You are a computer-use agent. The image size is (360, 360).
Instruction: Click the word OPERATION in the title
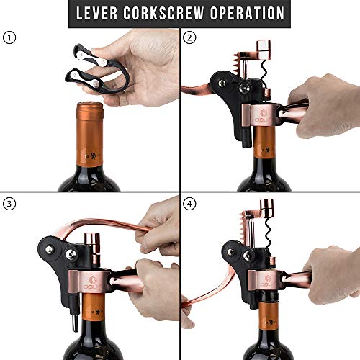(x=250, y=14)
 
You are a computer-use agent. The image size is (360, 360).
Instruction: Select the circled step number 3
(x=9, y=204)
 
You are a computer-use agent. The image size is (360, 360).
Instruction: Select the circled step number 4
(x=191, y=204)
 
